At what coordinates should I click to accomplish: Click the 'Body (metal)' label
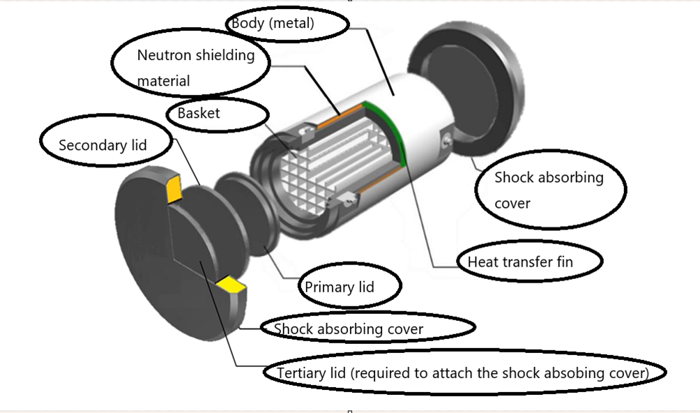click(x=273, y=24)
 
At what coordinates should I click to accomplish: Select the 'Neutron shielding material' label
click(x=195, y=68)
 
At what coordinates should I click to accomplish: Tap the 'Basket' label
click(x=199, y=112)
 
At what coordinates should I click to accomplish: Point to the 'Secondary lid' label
click(x=103, y=145)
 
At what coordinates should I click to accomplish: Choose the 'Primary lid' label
click(x=340, y=287)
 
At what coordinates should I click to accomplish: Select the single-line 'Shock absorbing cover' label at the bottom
click(x=349, y=328)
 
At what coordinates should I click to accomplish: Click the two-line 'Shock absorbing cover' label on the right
click(x=549, y=190)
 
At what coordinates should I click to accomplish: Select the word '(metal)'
click(x=292, y=24)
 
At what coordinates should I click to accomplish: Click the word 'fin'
click(x=572, y=262)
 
